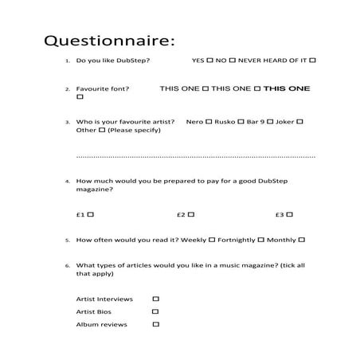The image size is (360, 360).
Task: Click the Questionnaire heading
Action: [x=108, y=40]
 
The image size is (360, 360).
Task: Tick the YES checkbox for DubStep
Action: [x=209, y=61]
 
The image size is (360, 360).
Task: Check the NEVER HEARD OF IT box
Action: [x=313, y=61]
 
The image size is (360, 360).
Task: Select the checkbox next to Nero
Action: [x=209, y=122]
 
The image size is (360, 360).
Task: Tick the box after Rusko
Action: [x=241, y=122]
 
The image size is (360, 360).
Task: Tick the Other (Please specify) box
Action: [x=101, y=130]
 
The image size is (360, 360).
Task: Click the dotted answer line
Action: [x=195, y=157]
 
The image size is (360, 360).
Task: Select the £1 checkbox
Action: [x=91, y=214]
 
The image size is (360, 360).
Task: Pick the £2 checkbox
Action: [x=191, y=214]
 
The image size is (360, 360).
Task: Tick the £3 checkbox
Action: [x=290, y=214]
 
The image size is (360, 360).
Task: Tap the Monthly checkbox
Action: [x=302, y=239]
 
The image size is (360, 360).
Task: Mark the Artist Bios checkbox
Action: [x=155, y=311]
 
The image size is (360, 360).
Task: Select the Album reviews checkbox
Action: [x=155, y=324]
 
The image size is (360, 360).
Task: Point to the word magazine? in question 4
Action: [x=95, y=190]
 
